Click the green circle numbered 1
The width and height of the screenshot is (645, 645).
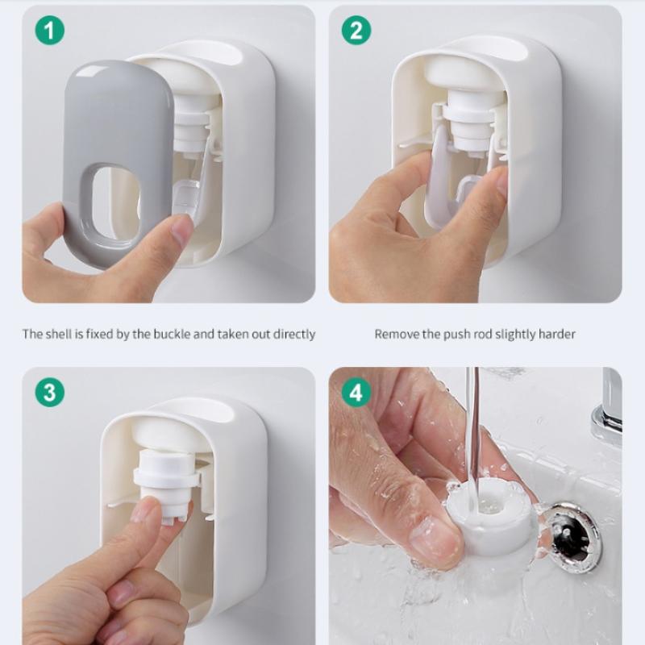[50, 31]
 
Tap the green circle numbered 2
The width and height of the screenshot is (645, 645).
[356, 31]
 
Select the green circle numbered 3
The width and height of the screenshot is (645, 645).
[50, 392]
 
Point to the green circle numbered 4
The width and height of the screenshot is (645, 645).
[356, 392]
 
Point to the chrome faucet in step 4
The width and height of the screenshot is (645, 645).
[608, 415]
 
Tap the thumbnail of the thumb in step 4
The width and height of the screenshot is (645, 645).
[437, 539]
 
